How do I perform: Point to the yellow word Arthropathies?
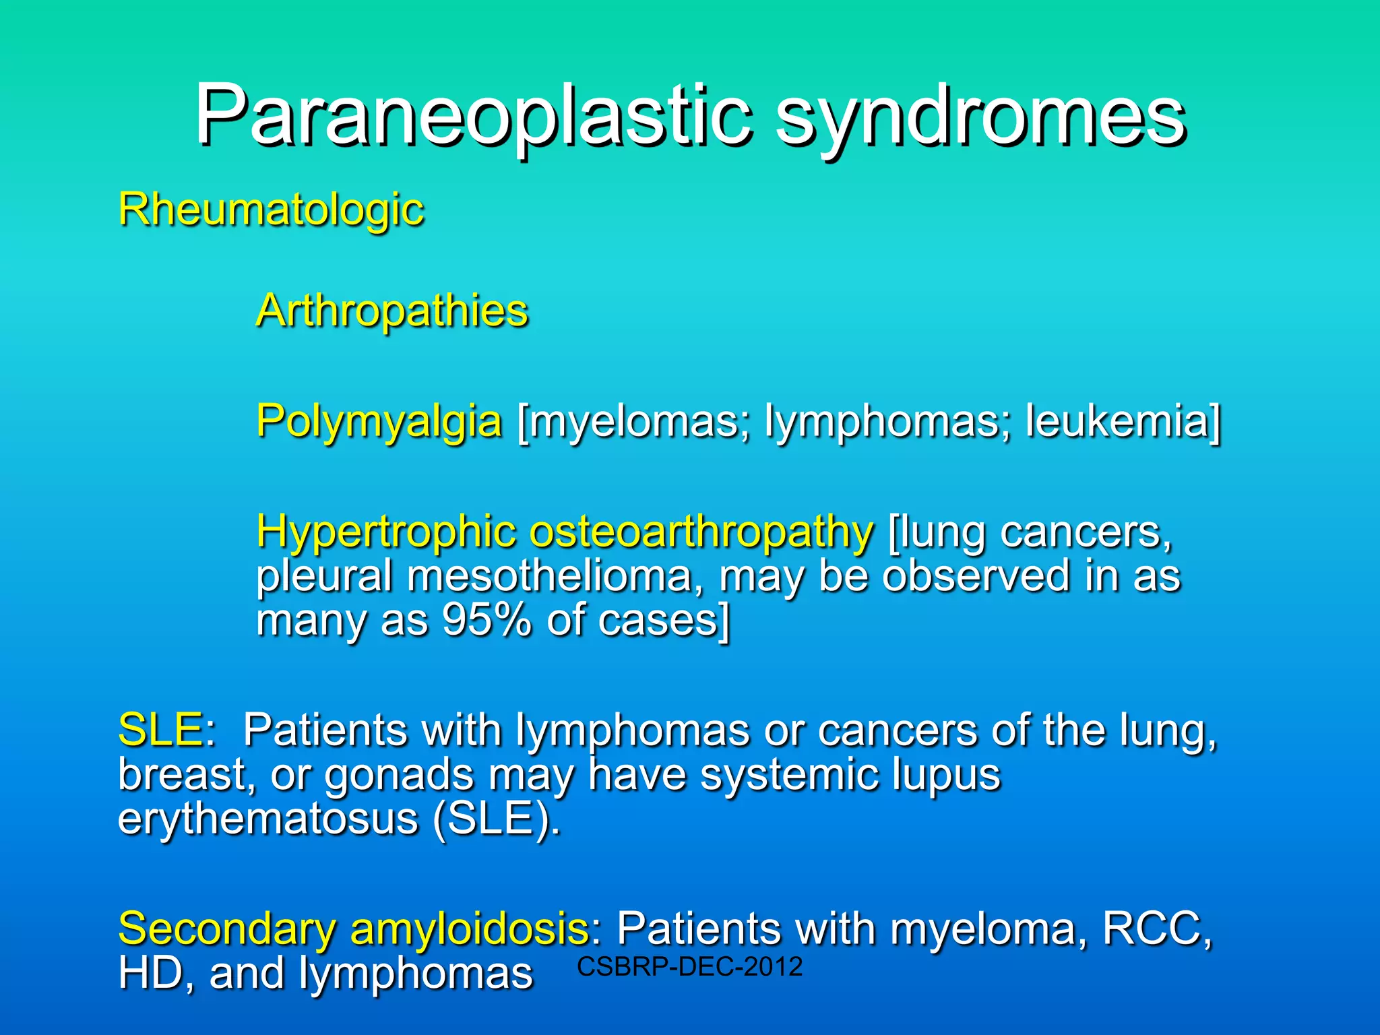(392, 311)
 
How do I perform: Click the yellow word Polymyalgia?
(379, 421)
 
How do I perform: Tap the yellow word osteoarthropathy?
(701, 532)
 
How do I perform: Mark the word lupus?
(946, 775)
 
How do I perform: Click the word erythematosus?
(268, 818)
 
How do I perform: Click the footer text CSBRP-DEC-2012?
(690, 967)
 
